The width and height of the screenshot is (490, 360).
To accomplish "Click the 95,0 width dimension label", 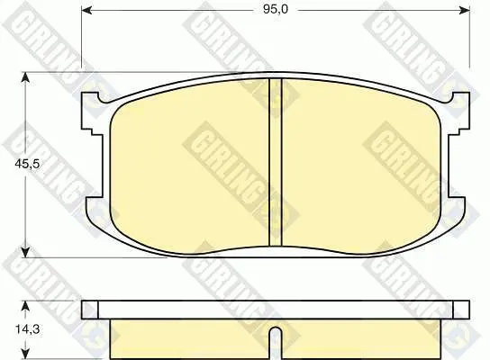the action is [x=276, y=10].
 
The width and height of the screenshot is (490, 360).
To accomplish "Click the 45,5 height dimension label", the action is [x=28, y=163].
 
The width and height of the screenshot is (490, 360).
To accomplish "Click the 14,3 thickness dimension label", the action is [x=28, y=329].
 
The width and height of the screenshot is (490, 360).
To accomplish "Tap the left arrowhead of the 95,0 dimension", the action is [x=86, y=10].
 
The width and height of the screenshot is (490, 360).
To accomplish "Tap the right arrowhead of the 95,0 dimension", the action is [x=465, y=10].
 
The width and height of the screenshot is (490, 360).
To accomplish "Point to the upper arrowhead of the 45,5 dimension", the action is [x=25, y=77].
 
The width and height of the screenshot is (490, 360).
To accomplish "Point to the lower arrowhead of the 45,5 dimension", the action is [x=25, y=253].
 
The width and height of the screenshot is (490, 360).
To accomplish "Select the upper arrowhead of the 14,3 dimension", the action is [x=25, y=306].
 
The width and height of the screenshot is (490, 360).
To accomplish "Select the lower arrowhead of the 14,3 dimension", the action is [x=25, y=354].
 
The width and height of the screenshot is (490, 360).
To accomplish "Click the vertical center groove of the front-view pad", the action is [x=276, y=162].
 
